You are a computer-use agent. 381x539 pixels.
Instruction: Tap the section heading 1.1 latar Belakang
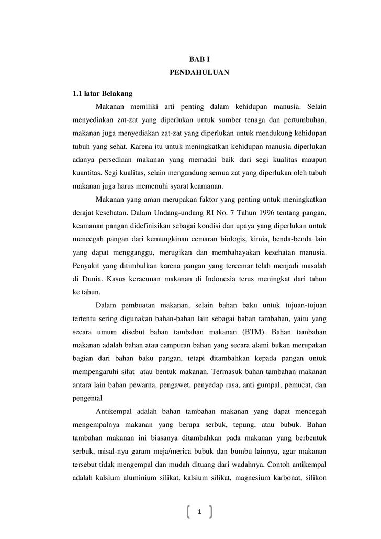[103, 94]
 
